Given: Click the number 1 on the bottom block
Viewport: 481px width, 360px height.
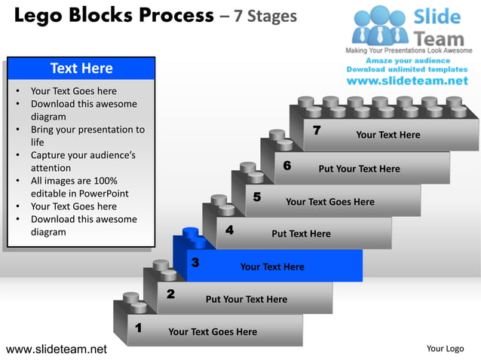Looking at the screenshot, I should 138,328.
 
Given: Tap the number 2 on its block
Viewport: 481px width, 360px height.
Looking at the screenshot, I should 170,294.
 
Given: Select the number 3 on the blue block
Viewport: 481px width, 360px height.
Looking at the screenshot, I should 195,263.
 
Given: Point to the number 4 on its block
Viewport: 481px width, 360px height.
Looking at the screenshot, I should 228,230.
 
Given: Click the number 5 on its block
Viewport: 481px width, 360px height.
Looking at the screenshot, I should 257,197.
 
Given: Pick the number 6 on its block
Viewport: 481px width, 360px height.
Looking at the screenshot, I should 287,165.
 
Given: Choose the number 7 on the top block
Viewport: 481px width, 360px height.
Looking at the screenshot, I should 317,131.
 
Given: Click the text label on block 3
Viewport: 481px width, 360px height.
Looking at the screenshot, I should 272,267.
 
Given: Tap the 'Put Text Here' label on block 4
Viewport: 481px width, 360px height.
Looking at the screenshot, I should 301,233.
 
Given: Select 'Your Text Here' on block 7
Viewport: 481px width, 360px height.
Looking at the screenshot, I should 388,135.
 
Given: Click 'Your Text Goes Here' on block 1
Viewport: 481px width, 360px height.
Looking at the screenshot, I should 213,331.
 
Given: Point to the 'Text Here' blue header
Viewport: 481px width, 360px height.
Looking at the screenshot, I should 81,69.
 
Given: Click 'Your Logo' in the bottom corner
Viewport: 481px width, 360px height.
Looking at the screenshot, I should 445,349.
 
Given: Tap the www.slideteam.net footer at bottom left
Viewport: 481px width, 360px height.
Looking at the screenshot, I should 57,349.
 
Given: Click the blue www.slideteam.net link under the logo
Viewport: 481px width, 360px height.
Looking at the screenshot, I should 407,81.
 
